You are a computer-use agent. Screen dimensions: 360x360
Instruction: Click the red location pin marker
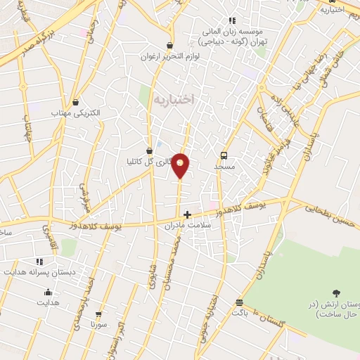[181, 165]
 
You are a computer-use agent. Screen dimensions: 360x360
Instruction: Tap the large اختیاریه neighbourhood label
[172, 100]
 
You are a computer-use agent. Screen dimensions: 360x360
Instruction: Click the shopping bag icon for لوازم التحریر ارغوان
[169, 46]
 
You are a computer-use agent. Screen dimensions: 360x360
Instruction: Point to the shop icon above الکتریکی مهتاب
[75, 102]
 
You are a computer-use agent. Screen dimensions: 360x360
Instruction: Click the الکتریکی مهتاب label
[75, 112]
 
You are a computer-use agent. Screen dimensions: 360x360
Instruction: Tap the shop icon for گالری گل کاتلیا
[149, 150]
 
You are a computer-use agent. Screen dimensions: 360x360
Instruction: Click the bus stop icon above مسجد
[224, 155]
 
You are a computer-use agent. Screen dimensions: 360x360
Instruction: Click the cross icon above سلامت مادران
[186, 214]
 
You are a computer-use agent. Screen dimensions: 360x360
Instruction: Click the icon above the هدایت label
[48, 292]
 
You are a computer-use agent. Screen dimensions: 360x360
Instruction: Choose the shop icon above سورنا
[98, 314]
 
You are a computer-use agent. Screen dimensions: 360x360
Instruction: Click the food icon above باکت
[240, 301]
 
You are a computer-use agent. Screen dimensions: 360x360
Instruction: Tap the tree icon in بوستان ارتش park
[335, 292]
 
